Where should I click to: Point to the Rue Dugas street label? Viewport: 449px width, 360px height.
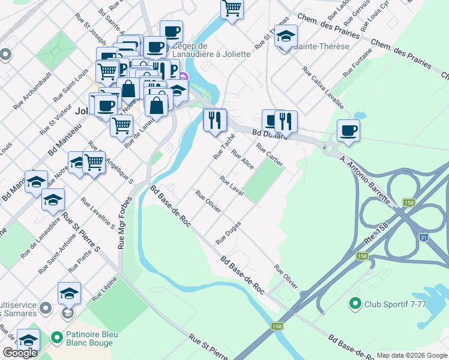tap(228, 233)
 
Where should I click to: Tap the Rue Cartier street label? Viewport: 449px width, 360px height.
tap(269, 155)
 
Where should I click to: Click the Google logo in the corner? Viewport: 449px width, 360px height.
tap(20, 353)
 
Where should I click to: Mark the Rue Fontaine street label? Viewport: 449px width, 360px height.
tap(358, 61)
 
